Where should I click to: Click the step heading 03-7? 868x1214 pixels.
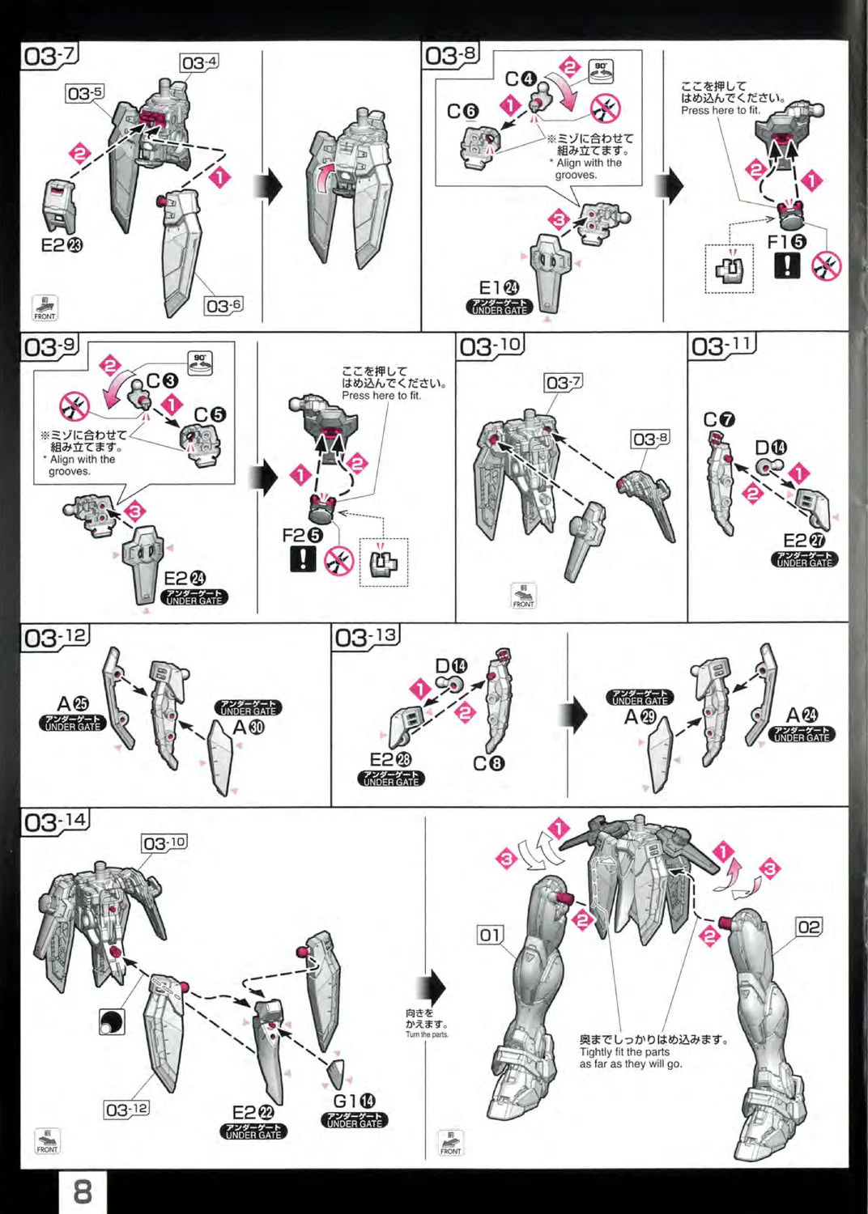[49, 56]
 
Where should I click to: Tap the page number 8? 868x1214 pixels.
[83, 1191]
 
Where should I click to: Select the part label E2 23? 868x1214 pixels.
[62, 244]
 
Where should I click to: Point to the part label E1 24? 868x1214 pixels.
[499, 288]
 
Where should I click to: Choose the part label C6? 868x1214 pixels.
[463, 112]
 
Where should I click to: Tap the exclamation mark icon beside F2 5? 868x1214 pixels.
[303, 558]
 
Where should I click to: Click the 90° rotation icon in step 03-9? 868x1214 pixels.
[200, 362]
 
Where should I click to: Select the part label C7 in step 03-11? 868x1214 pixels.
[719, 419]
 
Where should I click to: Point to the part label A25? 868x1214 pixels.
[73, 704]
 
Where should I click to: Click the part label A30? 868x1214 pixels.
[249, 728]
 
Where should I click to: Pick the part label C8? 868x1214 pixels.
[489, 763]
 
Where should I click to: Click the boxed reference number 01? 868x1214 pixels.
[490, 935]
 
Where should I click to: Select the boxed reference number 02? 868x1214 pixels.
[808, 927]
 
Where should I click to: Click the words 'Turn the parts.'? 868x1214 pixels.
[427, 1034]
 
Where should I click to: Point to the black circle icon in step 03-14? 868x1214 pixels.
[111, 1022]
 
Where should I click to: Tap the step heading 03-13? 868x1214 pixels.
[367, 638]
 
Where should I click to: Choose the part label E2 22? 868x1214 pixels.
[253, 1113]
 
